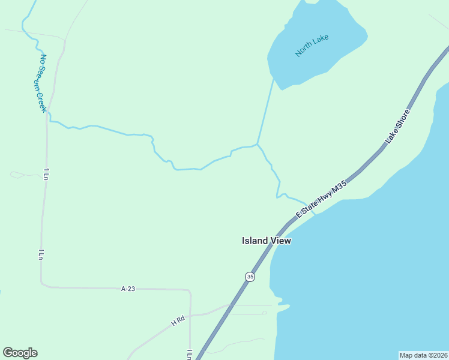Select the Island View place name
[x=266, y=241]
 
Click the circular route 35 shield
[x=250, y=276]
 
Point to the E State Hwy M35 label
[x=322, y=200]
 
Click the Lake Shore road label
[x=397, y=126]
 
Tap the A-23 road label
[x=128, y=289]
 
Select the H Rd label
[x=178, y=322]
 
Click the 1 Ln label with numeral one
[x=46, y=174]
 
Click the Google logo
[x=20, y=353]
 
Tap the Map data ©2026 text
[x=423, y=355]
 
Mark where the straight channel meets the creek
[x=258, y=144]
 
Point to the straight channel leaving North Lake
[x=266, y=111]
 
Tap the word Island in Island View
[x=254, y=241]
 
